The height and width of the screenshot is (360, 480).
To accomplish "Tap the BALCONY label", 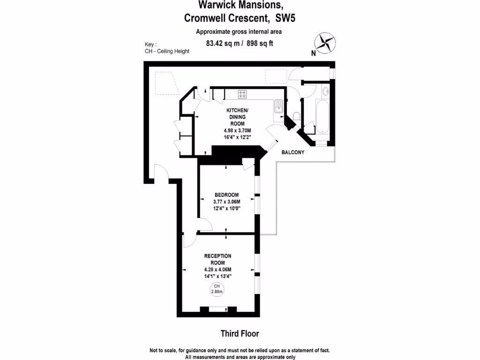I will coord(293,152).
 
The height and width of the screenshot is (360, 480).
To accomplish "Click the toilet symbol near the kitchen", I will coord(296,116).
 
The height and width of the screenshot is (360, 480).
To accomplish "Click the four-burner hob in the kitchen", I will coord(243,94).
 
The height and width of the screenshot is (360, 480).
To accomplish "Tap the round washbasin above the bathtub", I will coord(326,91).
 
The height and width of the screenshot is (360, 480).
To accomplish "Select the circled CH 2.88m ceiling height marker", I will coord(217,289).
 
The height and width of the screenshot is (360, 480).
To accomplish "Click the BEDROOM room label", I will coord(227,195).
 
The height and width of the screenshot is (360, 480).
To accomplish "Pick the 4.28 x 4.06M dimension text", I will coord(218,270).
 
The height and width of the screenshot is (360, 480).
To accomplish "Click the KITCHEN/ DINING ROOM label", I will coord(238,117).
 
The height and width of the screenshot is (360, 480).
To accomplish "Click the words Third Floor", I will coord(240,334).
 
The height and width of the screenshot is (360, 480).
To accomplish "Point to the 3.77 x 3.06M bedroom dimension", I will coord(226,202).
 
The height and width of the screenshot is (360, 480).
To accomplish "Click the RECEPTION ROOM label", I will coord(218,259).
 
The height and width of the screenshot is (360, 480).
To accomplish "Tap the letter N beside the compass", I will coord(313,53).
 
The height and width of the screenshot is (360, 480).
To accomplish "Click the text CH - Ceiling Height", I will coord(167,51).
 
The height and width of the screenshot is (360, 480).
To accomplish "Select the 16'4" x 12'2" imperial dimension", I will coord(238,137).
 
